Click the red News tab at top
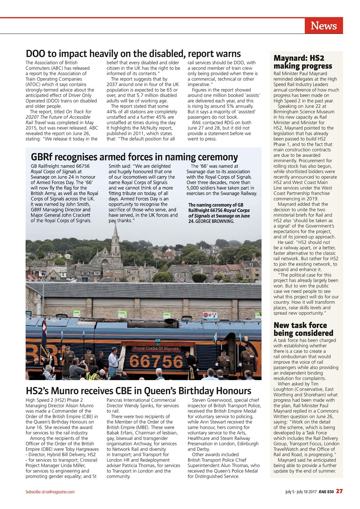tap(324, 26)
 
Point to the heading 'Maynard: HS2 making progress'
tap(302, 62)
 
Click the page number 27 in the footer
tap(339, 491)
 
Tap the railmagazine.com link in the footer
tap(60, 492)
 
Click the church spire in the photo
tap(116, 235)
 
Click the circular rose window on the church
tap(105, 261)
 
